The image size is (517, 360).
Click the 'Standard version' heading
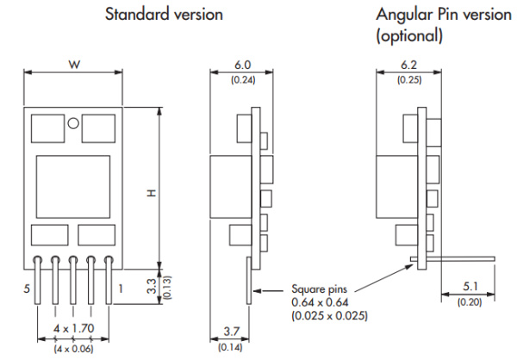coord(163,15)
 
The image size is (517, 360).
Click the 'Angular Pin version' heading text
coord(436,15)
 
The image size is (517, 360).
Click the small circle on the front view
coord(74,123)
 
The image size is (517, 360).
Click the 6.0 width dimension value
coord(243,65)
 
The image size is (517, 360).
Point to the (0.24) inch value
coord(243,80)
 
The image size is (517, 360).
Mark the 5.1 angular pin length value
coord(470,287)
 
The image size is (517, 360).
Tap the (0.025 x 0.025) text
coord(330,316)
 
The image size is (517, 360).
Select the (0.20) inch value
coord(470,301)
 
